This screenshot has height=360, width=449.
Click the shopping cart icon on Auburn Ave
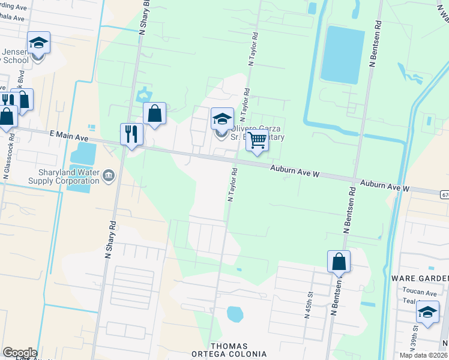click(x=258, y=140)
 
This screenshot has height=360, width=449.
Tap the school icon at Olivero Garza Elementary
click(x=221, y=119)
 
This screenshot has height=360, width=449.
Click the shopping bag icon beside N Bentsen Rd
click(x=339, y=262)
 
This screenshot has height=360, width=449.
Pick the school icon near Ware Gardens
click(x=427, y=313)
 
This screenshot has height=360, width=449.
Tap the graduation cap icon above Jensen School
click(x=38, y=43)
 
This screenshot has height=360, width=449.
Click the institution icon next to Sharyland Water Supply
click(x=109, y=175)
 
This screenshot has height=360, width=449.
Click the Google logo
click(x=19, y=353)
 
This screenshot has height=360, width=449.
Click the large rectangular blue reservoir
click(x=343, y=54)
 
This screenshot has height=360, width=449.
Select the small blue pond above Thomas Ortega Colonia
click(x=234, y=314)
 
